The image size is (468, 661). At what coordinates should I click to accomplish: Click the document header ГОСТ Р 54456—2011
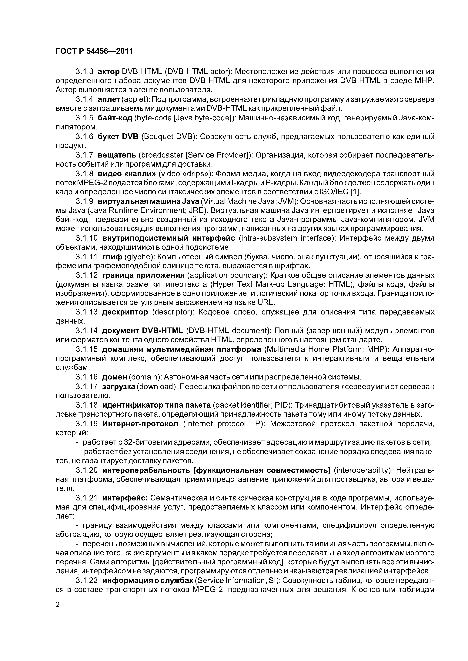pos(94,51)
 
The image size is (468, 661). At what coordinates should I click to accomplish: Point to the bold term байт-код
pos(115,118)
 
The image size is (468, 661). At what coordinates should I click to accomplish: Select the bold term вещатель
pos(117,155)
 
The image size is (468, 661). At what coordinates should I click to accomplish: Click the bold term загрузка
pos(119,386)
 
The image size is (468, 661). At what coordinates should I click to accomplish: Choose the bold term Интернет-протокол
pos(140,424)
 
